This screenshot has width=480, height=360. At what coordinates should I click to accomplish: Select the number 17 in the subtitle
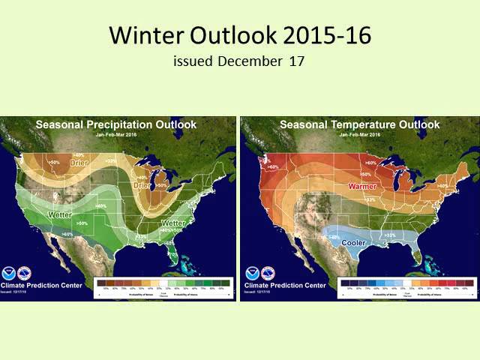(296, 61)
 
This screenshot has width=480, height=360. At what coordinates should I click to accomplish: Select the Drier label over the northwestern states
(79, 163)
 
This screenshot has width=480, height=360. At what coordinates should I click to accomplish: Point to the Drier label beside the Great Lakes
(140, 184)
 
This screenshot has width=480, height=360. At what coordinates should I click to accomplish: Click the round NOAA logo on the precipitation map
(10, 271)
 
